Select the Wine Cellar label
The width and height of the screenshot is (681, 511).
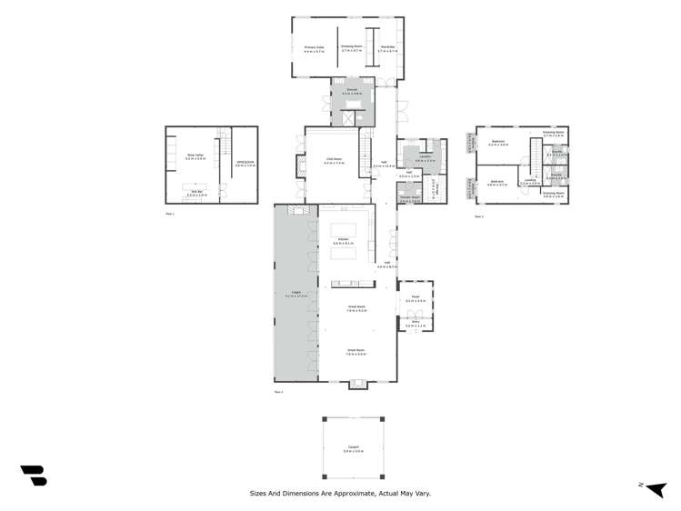(195, 156)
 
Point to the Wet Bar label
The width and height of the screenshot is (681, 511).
(197, 192)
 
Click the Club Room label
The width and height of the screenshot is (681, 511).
(335, 160)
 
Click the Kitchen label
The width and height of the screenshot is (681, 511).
(344, 240)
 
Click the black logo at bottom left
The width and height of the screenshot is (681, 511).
(34, 475)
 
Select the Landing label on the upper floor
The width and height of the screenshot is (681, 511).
(529, 181)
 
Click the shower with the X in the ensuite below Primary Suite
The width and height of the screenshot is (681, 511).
(348, 116)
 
